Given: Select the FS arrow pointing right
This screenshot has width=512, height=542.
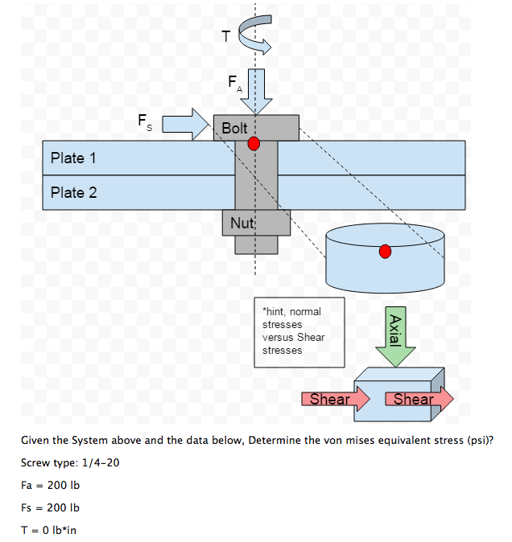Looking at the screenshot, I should [185, 125].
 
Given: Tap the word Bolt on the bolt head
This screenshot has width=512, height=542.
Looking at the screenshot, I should [234, 128].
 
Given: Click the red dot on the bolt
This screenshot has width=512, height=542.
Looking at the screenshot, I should [254, 144].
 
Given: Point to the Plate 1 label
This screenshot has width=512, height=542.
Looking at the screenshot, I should [73, 158].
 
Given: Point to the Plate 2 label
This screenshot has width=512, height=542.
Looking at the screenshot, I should [73, 192].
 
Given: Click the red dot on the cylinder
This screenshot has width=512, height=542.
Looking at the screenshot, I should [385, 252].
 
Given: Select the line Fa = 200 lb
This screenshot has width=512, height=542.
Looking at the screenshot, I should [51, 485].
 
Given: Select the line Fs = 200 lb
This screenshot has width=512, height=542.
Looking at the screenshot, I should [51, 507].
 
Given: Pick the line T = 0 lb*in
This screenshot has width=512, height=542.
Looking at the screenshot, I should [49, 529].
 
